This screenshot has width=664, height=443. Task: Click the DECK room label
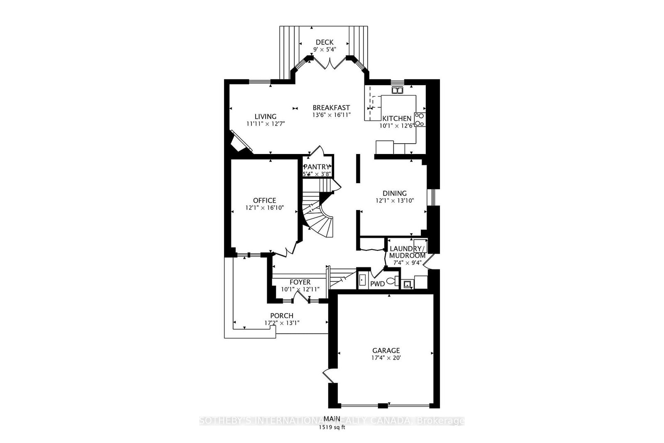click(324, 42)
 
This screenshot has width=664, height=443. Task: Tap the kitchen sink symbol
click(397, 90)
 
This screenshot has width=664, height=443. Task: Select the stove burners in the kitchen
click(420, 120)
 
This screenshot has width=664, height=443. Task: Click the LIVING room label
click(265, 117)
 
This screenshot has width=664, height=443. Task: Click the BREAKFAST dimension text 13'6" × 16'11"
click(332, 115)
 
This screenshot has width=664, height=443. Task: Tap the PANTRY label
click(317, 167)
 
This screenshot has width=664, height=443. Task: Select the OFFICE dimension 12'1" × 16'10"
click(264, 208)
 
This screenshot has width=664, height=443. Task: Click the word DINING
click(395, 193)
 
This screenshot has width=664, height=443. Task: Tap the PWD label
click(377, 284)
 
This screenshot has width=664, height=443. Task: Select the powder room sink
click(362, 280)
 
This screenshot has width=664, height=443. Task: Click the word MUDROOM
click(407, 256)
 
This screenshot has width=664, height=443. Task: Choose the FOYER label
click(300, 282)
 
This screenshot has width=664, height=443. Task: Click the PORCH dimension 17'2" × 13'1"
click(282, 323)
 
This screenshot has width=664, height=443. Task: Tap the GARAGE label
click(386, 350)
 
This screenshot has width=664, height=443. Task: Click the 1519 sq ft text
click(332, 428)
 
